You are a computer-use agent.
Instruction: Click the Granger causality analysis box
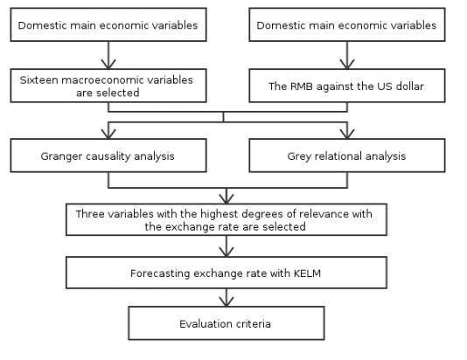coord(108,156)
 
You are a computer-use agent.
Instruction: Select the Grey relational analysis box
coord(347,156)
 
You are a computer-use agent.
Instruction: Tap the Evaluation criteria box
coord(227,323)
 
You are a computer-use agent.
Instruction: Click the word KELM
coord(307,273)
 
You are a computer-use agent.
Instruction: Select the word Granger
coord(61,156)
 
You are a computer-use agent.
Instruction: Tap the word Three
coord(89,213)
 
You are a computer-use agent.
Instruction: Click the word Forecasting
coord(160,273)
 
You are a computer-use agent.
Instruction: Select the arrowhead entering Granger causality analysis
coord(108,134)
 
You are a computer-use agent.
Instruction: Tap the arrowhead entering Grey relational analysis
coord(347,134)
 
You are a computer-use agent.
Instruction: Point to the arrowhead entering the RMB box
coord(347,64)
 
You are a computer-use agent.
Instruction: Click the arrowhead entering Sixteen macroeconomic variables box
coord(108,64)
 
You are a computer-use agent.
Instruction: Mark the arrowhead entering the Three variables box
coord(227,198)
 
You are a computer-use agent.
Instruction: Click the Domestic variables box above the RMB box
coord(347,24)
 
